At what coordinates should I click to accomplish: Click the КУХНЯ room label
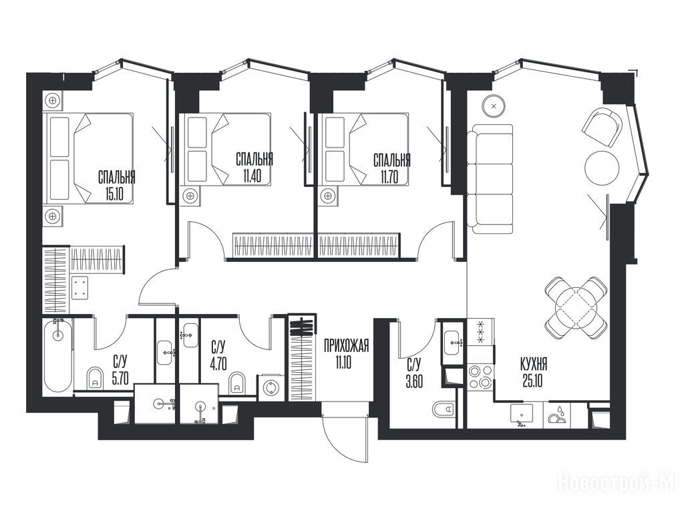click(x=534, y=363)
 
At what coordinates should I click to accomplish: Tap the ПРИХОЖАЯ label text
click(x=347, y=346)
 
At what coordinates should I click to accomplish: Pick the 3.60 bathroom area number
click(x=414, y=381)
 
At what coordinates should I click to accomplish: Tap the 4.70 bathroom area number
click(x=218, y=363)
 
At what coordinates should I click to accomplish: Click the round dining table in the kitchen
click(x=576, y=307)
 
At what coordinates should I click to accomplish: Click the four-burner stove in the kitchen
click(x=480, y=377)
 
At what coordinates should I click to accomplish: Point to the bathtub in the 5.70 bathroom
click(x=57, y=355)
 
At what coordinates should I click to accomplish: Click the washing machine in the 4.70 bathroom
click(x=271, y=387)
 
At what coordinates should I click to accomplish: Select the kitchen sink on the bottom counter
click(x=521, y=414)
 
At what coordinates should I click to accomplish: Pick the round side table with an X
click(x=494, y=106)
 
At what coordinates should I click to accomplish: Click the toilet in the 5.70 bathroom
click(x=95, y=378)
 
